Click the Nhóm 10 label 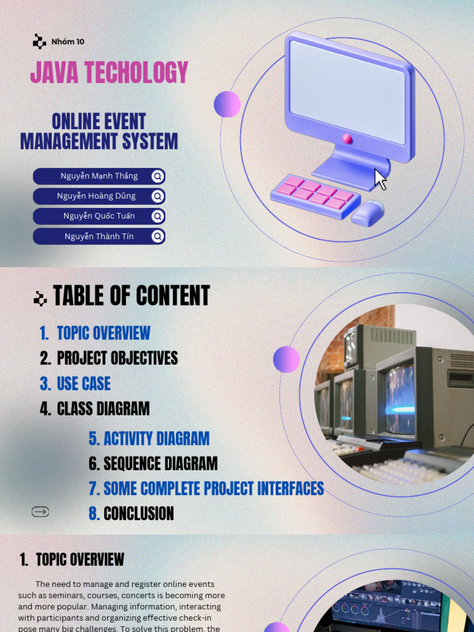(x=68, y=41)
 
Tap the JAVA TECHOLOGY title (x=109, y=72)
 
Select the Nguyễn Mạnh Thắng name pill (x=99, y=176)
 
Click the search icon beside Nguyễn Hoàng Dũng (x=158, y=196)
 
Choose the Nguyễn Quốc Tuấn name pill (x=99, y=216)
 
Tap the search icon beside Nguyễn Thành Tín (x=158, y=236)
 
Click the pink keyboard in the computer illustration (x=315, y=196)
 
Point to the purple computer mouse (x=368, y=213)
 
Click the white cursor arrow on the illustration (x=380, y=180)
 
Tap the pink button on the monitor (x=347, y=139)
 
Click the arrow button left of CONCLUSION (x=40, y=512)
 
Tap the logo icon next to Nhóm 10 (x=39, y=41)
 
